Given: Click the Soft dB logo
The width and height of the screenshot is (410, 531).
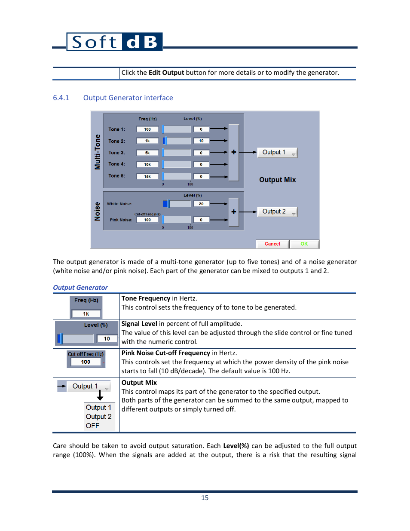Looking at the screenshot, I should tap(114, 42).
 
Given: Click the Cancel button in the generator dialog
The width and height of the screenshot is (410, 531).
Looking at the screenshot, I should tap(272, 244).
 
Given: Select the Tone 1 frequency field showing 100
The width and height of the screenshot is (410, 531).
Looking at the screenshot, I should tap(147, 129).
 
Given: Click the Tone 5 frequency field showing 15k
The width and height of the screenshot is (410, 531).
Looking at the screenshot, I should tap(147, 177).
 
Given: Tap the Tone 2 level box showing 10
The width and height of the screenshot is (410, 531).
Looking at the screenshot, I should tap(201, 141).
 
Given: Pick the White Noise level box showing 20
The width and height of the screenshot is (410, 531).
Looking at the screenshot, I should tap(201, 204).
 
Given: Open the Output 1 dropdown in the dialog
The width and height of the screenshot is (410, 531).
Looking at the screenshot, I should tap(277, 153).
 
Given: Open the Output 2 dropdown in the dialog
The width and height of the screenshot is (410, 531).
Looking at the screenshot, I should tap(277, 212).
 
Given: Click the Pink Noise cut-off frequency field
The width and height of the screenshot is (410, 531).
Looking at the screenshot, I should tap(147, 220).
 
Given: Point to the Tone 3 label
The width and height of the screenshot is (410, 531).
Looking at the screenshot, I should tap(116, 153).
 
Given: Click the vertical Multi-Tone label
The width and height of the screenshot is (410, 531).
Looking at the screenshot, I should tap(98, 152).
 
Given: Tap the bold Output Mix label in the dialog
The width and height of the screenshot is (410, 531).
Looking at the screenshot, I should tap(277, 180).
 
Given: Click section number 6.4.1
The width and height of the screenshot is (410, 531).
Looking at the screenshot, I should tap(61, 98).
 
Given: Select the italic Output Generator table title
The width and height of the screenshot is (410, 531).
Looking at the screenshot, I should tap(80, 288).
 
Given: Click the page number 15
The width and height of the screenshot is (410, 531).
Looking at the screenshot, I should tap(205, 498).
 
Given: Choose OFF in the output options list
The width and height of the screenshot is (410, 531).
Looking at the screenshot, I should tap(92, 426).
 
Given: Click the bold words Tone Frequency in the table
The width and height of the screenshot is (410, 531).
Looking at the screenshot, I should tap(146, 298).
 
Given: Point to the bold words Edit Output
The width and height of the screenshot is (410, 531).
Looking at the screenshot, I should tap(166, 73).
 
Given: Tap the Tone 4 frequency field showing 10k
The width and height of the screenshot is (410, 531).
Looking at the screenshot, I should tap(147, 165).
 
